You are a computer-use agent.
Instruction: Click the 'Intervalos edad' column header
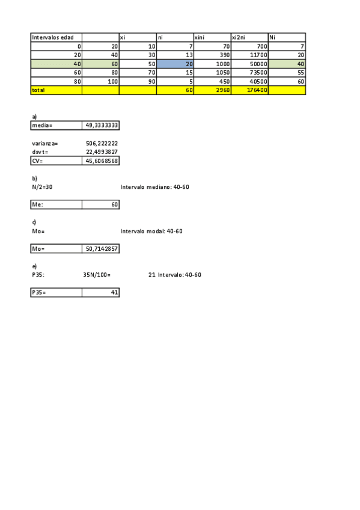(53, 37)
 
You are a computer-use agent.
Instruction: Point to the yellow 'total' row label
(39, 90)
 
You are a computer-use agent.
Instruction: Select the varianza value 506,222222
(102, 144)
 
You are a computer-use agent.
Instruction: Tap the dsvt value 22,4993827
(102, 152)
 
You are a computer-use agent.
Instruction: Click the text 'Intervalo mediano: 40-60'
(154, 187)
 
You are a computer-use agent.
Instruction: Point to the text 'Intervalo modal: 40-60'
(151, 231)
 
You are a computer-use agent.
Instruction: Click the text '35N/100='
(97, 275)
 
